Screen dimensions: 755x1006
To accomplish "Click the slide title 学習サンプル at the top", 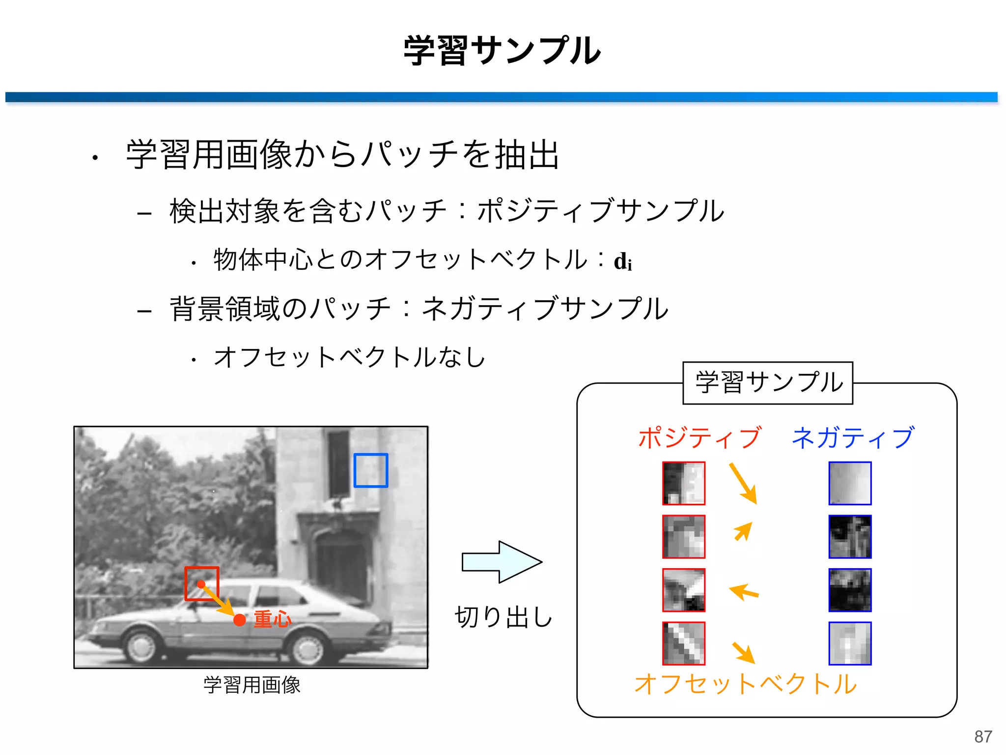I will click(502, 51).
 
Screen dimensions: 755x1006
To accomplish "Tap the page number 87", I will click(983, 736).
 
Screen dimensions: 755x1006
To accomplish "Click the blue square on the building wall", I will click(371, 470).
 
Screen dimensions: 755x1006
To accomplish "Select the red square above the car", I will click(201, 583).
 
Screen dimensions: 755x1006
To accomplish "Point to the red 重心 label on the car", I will click(273, 619).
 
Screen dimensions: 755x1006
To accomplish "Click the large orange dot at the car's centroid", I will click(240, 620).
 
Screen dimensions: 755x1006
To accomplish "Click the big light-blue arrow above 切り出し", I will click(502, 562).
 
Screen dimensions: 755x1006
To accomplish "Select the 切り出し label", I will click(504, 617).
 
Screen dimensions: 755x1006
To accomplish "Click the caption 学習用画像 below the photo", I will click(251, 685).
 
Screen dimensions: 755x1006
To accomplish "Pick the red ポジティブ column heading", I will click(699, 437).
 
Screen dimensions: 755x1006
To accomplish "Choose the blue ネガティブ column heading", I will click(853, 437).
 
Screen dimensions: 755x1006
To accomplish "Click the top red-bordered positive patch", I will click(684, 483).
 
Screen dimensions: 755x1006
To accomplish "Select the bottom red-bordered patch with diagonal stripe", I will click(684, 643).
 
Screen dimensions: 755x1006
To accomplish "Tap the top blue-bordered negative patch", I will click(850, 483).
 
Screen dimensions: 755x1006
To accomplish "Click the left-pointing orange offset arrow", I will click(744, 592).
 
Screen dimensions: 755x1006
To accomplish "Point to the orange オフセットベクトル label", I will click(745, 684).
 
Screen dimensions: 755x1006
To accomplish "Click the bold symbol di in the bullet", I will click(623, 261).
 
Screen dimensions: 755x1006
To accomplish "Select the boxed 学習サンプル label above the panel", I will click(768, 383).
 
